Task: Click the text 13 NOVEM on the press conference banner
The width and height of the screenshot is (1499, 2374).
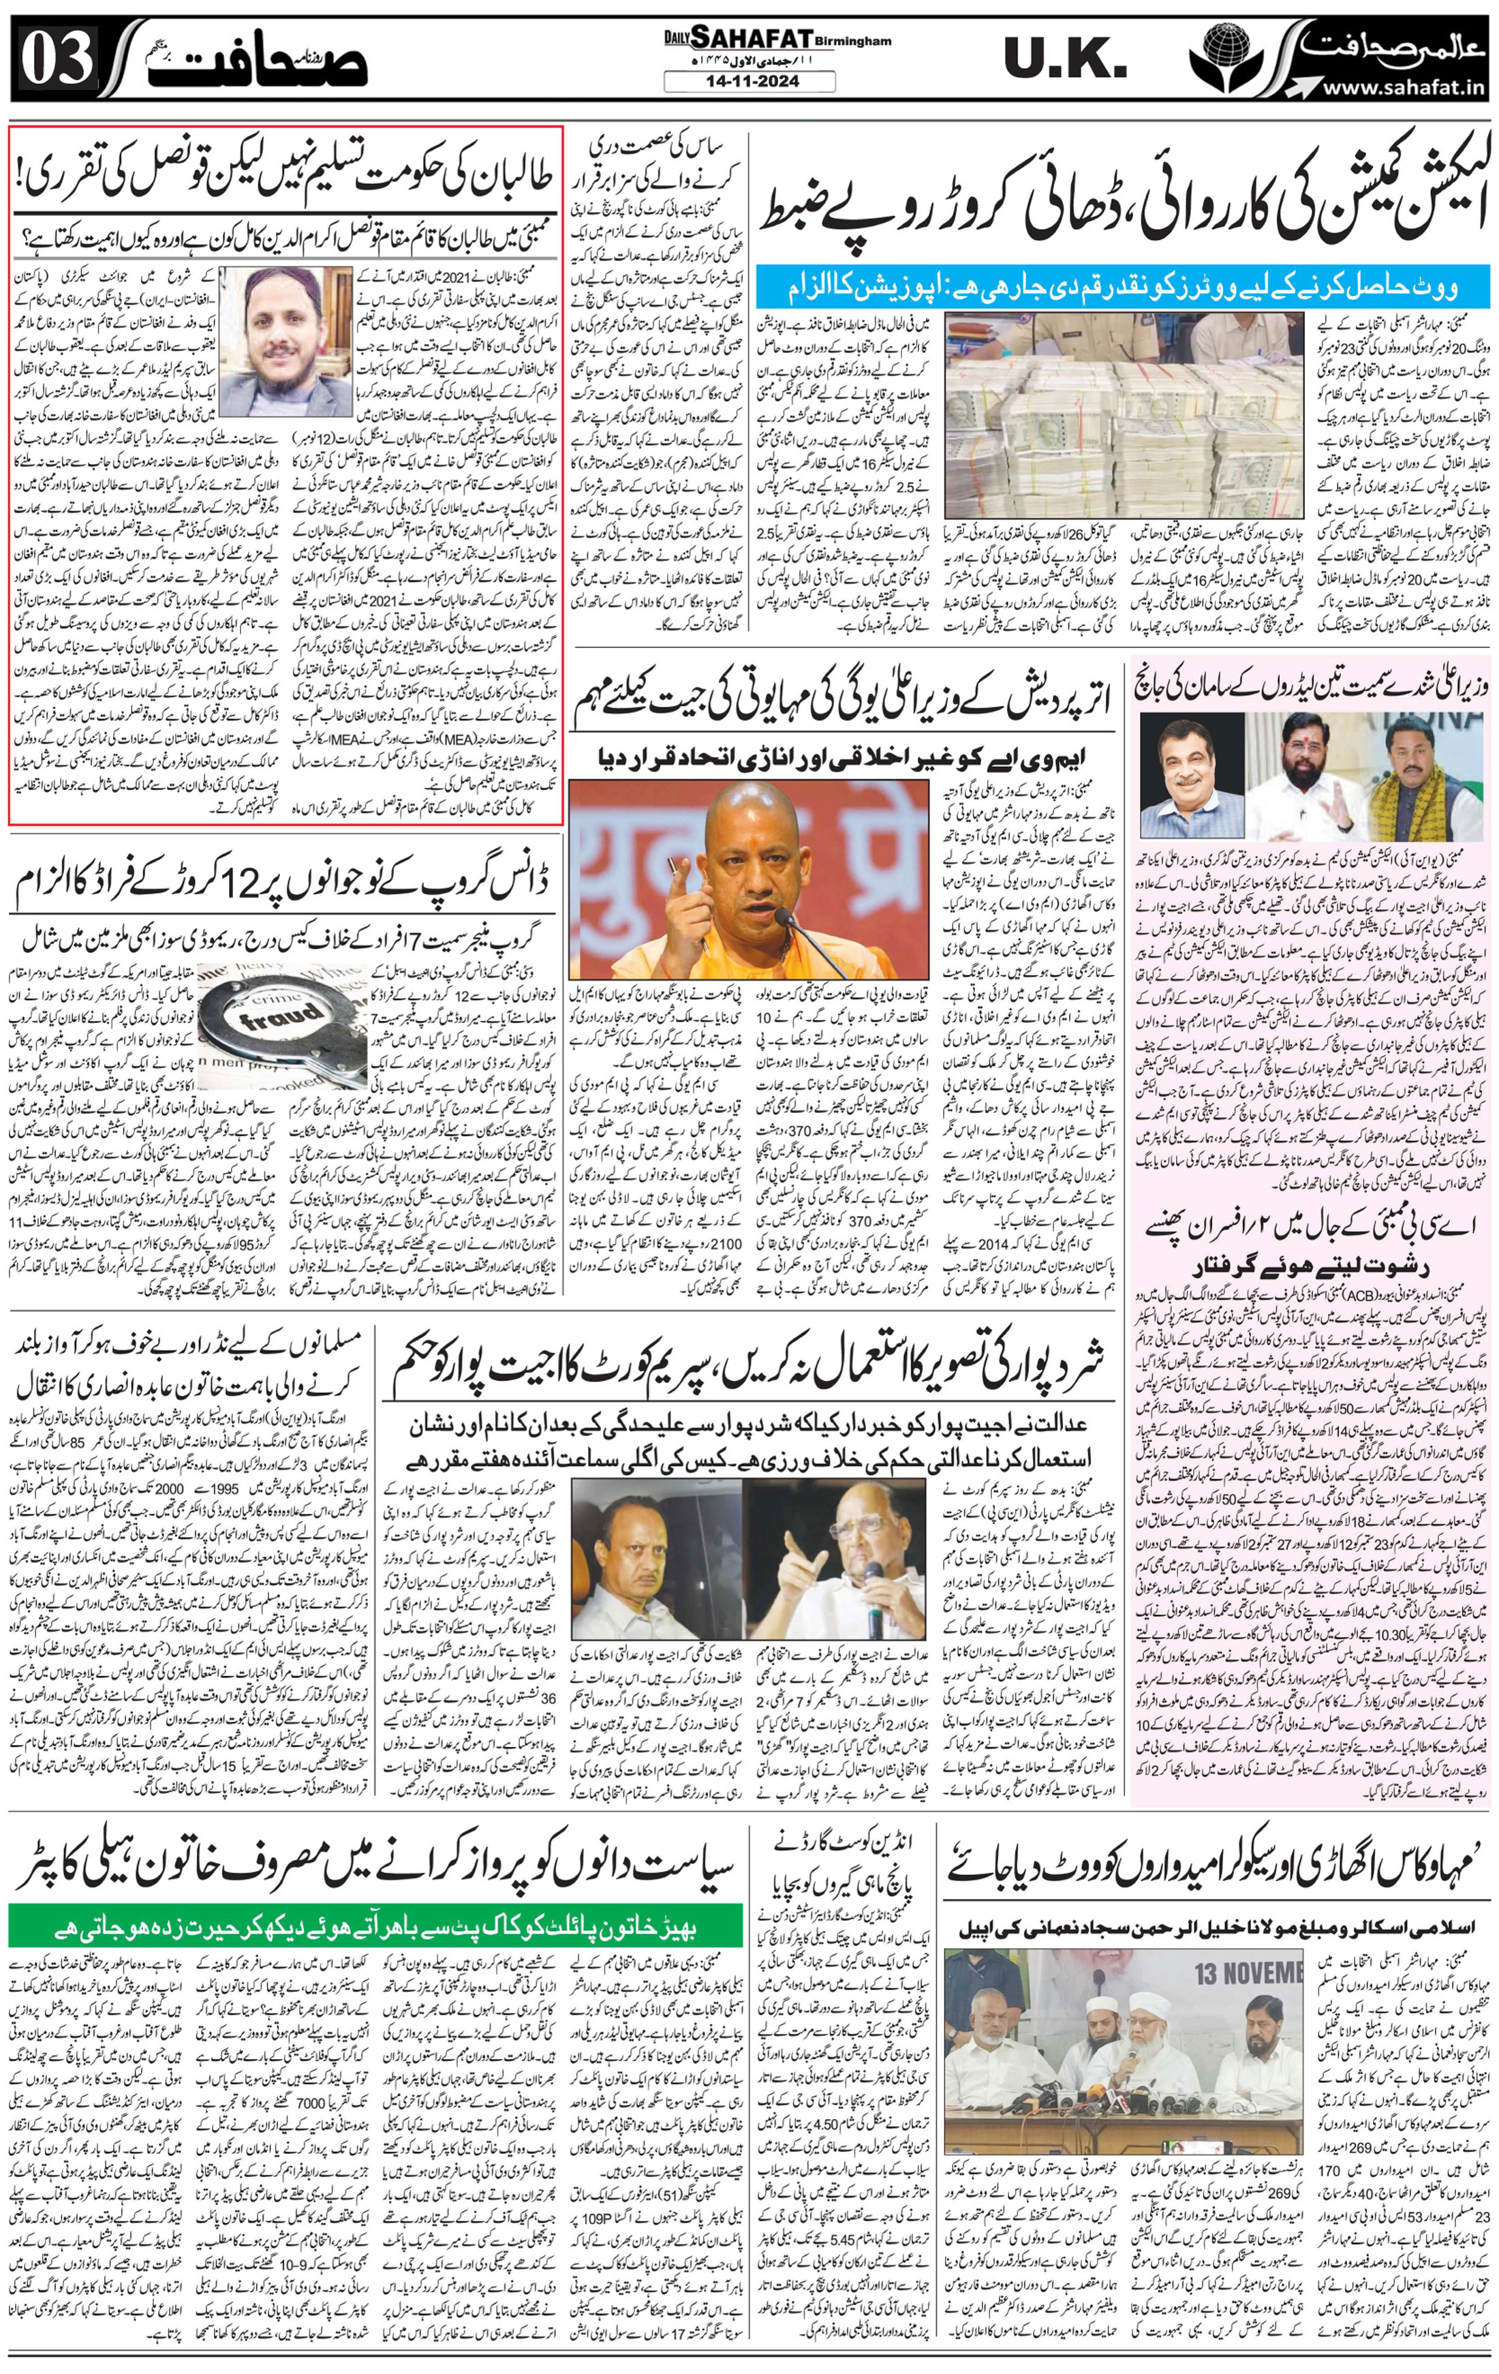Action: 1247,1974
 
